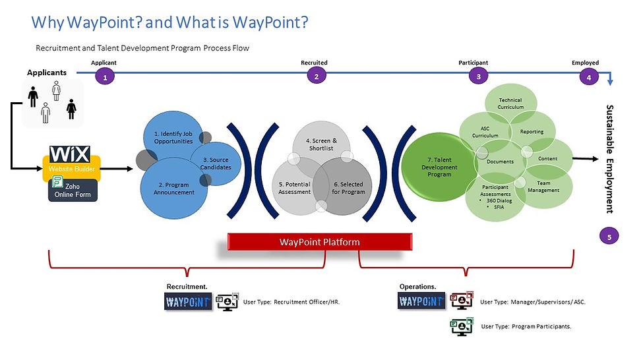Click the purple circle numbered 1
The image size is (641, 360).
pos(104,76)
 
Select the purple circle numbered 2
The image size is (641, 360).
pos(317,76)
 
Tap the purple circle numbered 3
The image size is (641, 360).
pos(478,76)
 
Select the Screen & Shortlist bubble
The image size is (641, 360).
pos(321,144)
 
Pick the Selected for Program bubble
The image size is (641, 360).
pos(348,188)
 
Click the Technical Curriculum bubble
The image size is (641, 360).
pos(510,104)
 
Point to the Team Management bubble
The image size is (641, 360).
pos(543,187)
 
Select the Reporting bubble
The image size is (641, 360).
pos(532,131)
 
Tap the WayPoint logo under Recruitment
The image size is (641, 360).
pos(188,301)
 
